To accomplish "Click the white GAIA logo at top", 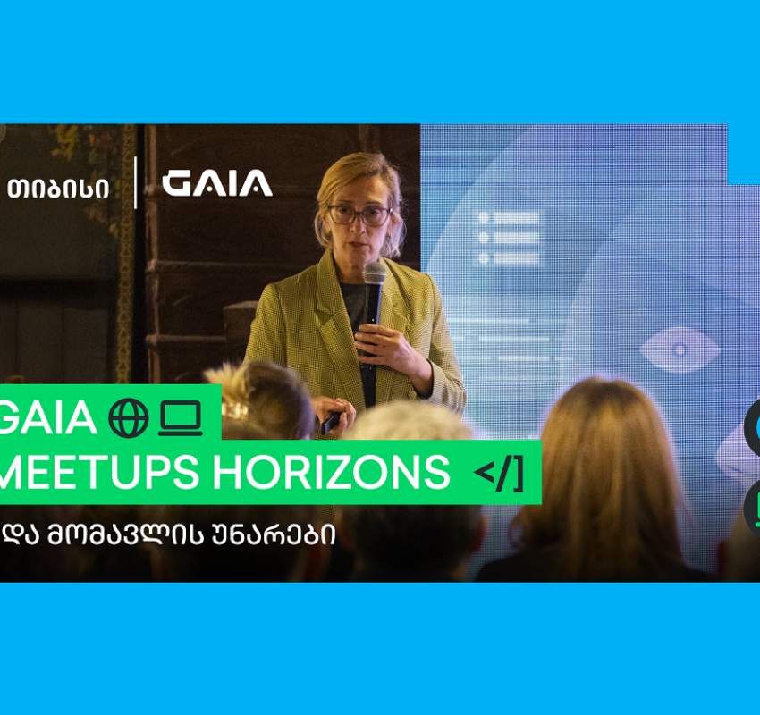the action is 216,183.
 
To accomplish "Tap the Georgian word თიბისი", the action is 58,189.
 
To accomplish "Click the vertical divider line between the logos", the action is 135,182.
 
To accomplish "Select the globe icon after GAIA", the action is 129,418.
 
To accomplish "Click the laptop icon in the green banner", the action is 181,418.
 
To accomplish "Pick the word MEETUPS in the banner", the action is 99,472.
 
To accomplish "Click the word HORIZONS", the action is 332,472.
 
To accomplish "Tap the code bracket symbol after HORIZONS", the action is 499,474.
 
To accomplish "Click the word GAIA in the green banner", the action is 47,417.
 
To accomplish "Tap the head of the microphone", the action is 374,273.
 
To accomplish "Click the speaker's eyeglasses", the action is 360,214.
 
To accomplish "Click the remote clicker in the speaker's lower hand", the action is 331,423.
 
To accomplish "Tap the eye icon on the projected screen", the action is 680,349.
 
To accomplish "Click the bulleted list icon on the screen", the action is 509,238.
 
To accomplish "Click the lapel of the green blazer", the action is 324,315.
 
